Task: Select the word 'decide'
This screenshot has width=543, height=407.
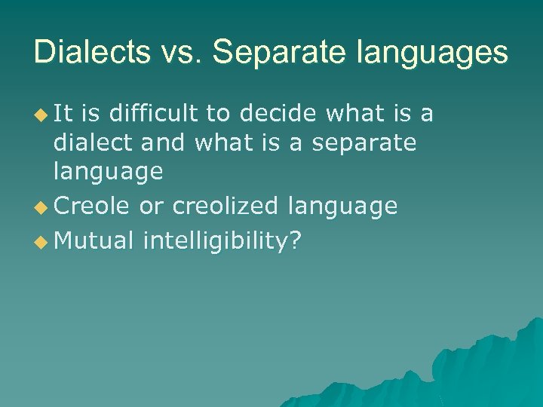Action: coord(279,113)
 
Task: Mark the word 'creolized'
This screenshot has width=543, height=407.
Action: coord(219,206)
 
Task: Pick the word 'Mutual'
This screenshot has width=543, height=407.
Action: coord(94,240)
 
